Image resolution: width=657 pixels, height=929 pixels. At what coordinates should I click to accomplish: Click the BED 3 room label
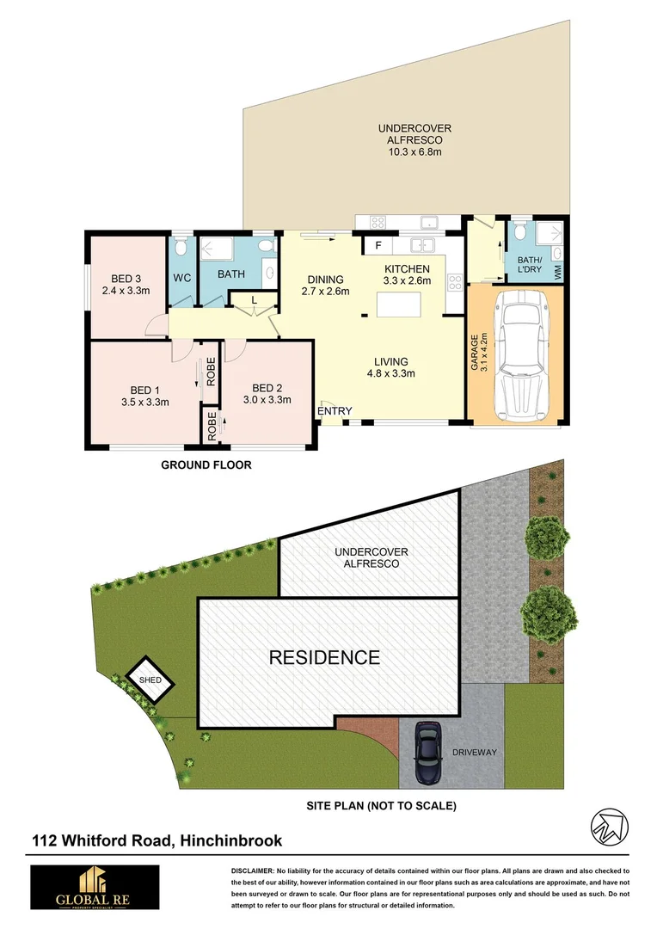pos(126,279)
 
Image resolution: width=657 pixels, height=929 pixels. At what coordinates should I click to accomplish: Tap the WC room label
pos(181,278)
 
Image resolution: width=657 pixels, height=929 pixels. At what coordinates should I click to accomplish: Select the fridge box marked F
pos(378,246)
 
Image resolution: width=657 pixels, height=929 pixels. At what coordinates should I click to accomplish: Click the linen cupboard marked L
pos(255,300)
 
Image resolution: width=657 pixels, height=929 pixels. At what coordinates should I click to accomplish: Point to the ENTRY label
pos(335,411)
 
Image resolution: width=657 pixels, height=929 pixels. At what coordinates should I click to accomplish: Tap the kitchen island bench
pos(399,305)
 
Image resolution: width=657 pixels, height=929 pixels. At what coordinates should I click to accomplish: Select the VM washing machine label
pos(557,273)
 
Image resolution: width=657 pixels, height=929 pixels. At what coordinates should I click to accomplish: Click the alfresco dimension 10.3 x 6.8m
pos(414,151)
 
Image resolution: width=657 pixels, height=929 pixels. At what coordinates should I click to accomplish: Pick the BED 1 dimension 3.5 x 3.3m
pos(145,403)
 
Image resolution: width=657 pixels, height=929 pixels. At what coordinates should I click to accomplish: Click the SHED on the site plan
pos(150,680)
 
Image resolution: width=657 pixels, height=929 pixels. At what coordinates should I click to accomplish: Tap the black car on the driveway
pos(428,752)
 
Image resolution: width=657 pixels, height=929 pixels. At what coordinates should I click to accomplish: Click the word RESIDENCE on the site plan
pos(325,657)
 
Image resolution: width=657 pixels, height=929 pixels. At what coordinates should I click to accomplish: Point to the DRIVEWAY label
pos(475,753)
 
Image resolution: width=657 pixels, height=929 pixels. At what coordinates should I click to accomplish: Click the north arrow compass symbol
pos(610,827)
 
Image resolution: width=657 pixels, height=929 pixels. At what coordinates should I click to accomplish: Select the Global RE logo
pos(95,887)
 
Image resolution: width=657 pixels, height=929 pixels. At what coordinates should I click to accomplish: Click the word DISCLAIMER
pos(252,871)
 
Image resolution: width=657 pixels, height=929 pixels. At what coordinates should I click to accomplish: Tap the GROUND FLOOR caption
pos(206,465)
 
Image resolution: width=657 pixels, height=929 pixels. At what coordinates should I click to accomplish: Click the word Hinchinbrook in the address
pos(231,840)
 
